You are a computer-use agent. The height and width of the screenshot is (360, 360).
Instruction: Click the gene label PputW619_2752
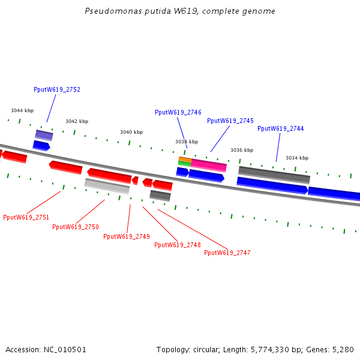coord(57,89)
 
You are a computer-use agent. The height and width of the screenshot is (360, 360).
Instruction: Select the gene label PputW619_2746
coord(178,112)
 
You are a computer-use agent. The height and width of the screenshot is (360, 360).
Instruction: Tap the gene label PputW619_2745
coord(230,121)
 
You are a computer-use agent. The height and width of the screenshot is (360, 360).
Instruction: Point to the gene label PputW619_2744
coord(281,128)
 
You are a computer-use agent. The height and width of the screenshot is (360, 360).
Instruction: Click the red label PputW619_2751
coord(26,217)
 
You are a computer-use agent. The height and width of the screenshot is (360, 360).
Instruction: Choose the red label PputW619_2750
coord(76,227)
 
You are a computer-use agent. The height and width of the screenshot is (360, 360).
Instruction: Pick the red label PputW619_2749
coord(127,236)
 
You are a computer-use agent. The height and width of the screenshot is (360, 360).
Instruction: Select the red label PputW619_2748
coord(178,245)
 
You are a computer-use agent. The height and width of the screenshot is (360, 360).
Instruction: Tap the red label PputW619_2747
coord(227,253)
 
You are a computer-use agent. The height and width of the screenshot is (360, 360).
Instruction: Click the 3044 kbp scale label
coord(22,110)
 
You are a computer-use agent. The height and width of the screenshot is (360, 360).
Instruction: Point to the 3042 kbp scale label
coord(77,121)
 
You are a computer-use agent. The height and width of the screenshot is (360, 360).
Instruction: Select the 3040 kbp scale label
coord(131,132)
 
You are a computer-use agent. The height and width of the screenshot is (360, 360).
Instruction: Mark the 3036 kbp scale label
coord(242,150)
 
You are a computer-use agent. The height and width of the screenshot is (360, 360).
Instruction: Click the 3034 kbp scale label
coord(297,158)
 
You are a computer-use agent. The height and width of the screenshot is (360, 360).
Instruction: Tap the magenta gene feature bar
coord(209,165)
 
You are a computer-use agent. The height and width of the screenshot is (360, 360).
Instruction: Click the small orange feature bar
coord(185,160)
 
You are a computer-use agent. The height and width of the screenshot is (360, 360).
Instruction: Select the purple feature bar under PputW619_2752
coord(44,135)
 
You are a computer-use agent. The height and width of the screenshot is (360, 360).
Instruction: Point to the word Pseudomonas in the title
coord(108,11)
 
